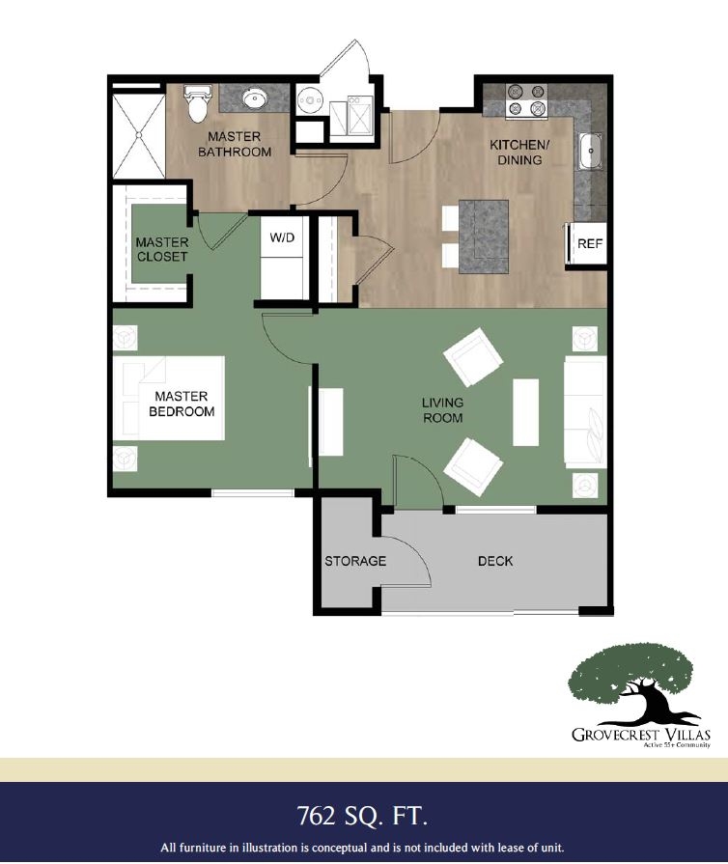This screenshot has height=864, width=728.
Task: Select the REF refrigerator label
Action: [589, 244]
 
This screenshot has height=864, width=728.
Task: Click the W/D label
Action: [282, 237]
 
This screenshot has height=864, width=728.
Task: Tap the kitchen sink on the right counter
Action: [591, 151]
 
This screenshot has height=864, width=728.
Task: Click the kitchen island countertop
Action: [485, 236]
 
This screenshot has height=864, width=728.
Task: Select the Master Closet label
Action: [161, 249]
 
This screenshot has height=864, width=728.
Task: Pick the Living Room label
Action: [442, 409]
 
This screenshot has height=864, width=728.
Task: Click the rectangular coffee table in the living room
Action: [525, 411]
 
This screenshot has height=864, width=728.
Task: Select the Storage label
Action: [354, 561]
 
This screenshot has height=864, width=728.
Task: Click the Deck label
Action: [495, 561]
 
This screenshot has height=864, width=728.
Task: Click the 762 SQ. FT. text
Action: [363, 816]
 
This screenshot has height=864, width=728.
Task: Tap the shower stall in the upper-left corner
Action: [138, 131]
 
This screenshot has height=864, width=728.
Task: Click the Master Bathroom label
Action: [234, 145]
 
